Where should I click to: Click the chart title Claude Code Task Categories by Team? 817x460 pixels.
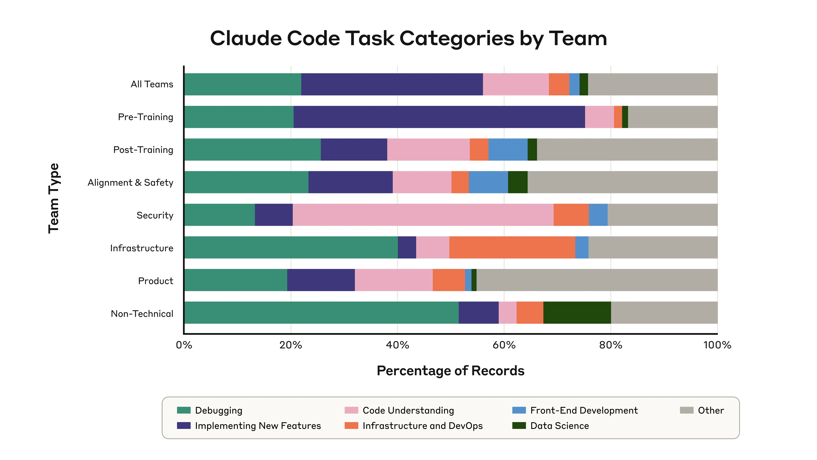pyautogui.click(x=408, y=38)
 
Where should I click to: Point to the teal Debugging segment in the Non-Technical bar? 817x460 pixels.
pyautogui.click(x=321, y=313)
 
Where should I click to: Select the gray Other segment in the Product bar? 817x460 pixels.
pyautogui.click(x=597, y=280)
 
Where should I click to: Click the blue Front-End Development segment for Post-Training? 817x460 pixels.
pyautogui.click(x=508, y=149)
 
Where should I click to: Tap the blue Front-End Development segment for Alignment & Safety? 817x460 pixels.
pyautogui.click(x=488, y=182)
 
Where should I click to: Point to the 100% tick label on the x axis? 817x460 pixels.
pyautogui.click(x=717, y=345)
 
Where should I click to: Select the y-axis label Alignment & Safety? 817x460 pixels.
pyautogui.click(x=130, y=183)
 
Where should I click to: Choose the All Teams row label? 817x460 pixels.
pyautogui.click(x=152, y=84)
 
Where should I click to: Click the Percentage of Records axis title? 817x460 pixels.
pyautogui.click(x=450, y=371)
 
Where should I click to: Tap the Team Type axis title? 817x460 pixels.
pyautogui.click(x=54, y=198)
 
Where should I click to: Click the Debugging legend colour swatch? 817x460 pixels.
pyautogui.click(x=184, y=410)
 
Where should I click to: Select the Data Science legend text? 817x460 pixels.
pyautogui.click(x=560, y=426)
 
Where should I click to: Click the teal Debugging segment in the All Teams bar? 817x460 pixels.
pyautogui.click(x=243, y=84)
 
